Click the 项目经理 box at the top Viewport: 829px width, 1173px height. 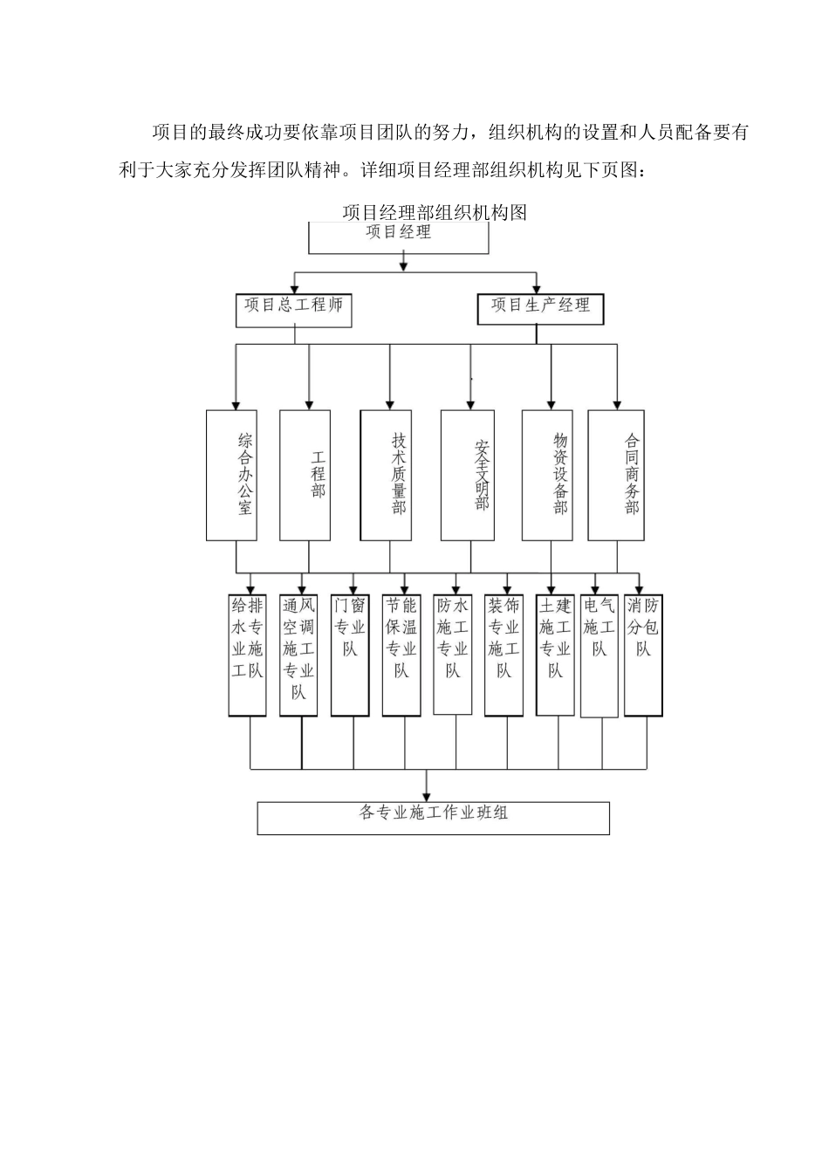click(399, 237)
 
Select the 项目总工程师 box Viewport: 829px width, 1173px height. click(293, 310)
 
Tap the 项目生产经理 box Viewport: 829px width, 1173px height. click(540, 309)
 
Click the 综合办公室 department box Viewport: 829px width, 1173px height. click(231, 475)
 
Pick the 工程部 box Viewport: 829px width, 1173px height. click(305, 475)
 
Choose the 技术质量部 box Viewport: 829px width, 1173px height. click(387, 475)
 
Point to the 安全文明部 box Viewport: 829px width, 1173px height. click(468, 475)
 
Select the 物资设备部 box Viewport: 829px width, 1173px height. click(547, 475)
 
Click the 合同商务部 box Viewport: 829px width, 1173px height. click(616, 475)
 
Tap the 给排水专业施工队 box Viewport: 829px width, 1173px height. click(247, 654)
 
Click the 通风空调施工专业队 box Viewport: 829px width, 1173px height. click(298, 654)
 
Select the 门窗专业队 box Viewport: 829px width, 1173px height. click(350, 654)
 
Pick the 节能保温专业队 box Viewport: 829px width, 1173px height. click(401, 654)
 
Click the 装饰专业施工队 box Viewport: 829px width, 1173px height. click(504, 654)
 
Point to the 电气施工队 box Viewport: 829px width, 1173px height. click(599, 655)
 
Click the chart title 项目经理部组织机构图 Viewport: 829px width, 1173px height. click(434, 212)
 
